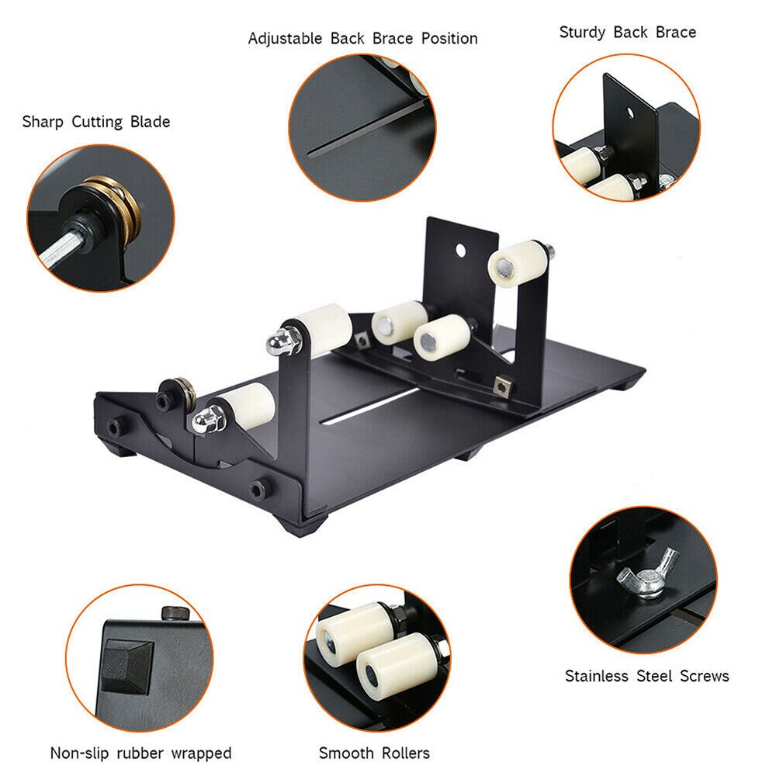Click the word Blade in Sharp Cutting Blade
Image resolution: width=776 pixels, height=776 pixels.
pyautogui.click(x=150, y=122)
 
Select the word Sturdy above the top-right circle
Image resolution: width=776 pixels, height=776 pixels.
pyautogui.click(x=584, y=33)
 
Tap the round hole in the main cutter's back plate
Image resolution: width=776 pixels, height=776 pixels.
pyautogui.click(x=460, y=250)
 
